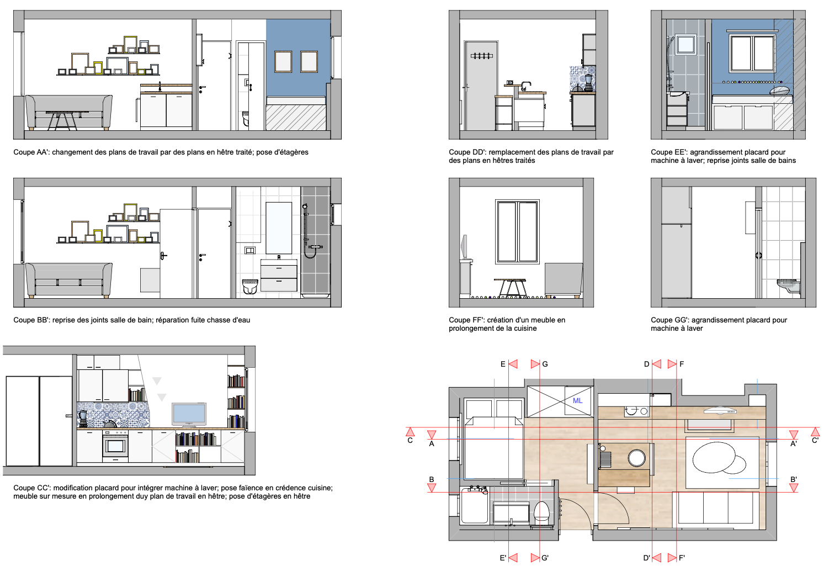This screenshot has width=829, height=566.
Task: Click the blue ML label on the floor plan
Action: tap(577, 400)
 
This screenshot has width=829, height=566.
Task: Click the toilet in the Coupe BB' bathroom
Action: tap(250, 286)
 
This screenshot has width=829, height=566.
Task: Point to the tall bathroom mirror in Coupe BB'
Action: tap(279, 228)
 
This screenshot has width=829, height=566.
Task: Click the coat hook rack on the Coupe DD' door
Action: tap(481, 56)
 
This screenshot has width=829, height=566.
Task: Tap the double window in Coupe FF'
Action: tap(517, 231)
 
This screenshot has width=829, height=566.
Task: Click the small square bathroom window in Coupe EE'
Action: tap(686, 44)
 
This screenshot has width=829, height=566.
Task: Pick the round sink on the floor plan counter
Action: tap(636, 458)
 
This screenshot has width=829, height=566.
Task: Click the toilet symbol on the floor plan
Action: tap(541, 511)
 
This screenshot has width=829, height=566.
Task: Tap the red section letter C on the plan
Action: tap(410, 441)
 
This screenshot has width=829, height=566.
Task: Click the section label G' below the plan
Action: tap(545, 558)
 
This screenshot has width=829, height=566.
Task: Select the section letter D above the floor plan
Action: tap(646, 364)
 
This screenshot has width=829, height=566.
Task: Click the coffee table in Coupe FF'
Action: tap(509, 288)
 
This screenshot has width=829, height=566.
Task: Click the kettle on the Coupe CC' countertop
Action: tap(110, 424)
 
